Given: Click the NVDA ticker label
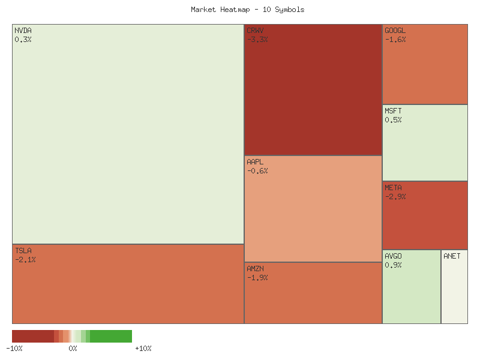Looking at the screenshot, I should tap(23, 31).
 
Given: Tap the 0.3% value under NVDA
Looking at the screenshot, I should tap(23, 40).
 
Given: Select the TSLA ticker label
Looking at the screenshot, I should tap(23, 251).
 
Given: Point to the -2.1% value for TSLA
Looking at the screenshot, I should tap(26, 260).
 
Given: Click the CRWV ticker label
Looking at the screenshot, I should tap(255, 31).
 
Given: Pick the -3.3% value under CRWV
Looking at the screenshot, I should tap(257, 40).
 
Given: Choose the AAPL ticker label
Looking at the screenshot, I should tap(255, 162).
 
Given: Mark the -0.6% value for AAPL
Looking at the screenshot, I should tap(257, 171).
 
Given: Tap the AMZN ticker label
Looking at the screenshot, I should tap(255, 269).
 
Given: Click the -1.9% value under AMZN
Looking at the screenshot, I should tap(257, 278).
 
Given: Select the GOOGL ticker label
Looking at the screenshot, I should tap(395, 31).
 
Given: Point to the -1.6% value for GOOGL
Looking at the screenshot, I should tap(395, 40).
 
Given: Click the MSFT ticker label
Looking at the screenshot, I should tap(394, 111).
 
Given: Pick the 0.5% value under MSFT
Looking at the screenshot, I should tap(394, 120).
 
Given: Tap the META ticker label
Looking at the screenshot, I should tap(394, 188).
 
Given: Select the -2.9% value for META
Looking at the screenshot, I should tap(395, 197).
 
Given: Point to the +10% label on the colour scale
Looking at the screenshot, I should tap(143, 349).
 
